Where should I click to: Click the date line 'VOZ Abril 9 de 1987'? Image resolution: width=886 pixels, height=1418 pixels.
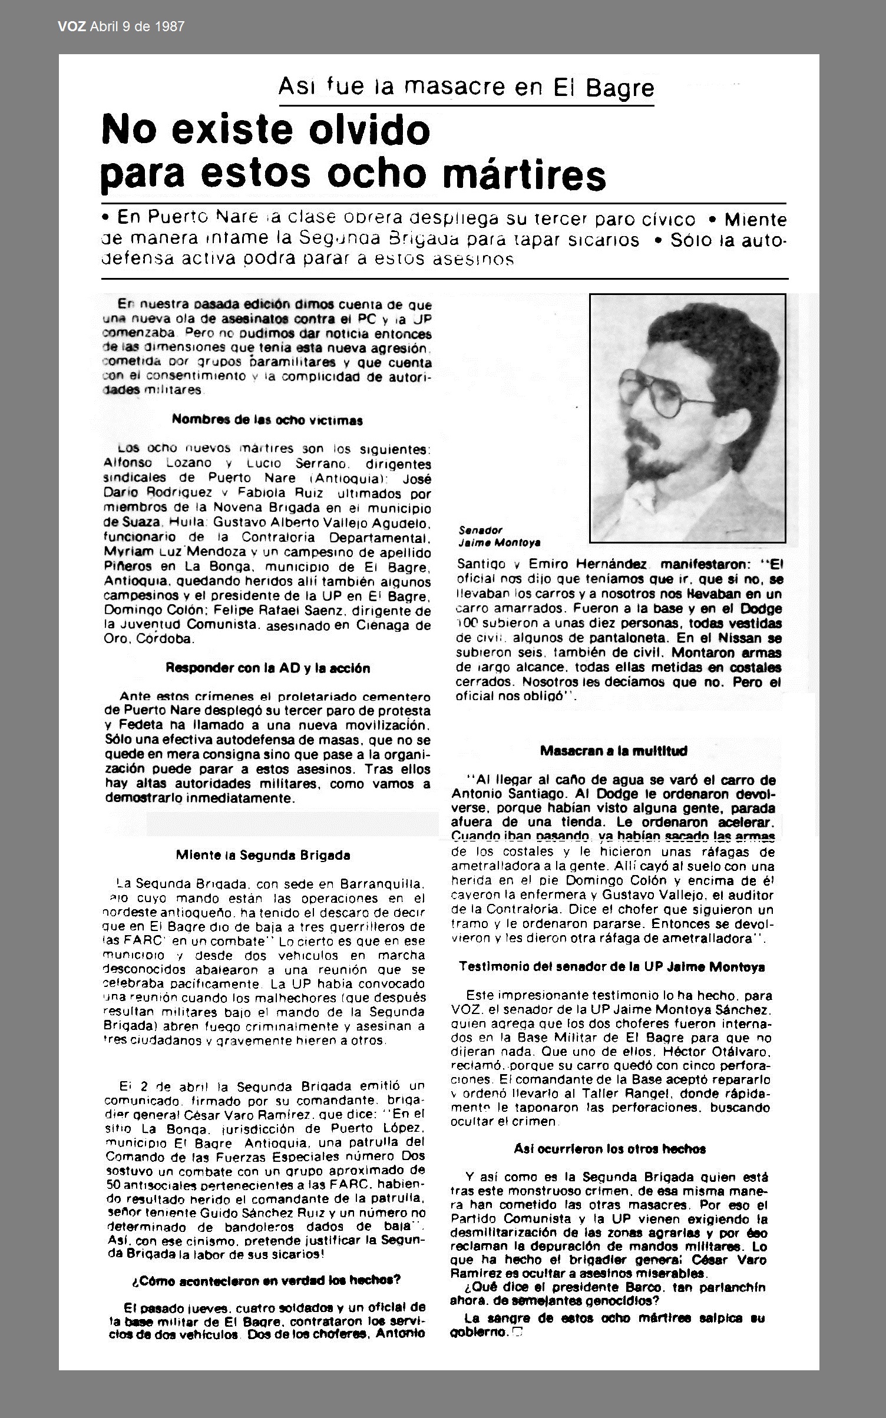coord(121,26)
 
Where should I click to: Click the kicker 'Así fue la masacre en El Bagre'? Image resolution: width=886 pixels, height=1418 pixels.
coord(466,88)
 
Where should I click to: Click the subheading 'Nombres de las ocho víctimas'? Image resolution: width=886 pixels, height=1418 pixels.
coord(267,420)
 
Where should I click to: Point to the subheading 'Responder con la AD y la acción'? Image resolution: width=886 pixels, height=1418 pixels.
coord(267,668)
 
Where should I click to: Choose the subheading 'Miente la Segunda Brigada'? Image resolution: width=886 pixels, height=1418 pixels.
coord(263,856)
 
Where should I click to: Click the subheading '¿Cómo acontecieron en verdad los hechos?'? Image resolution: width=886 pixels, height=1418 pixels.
coord(266,1280)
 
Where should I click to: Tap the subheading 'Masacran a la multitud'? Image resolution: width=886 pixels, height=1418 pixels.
coord(613,751)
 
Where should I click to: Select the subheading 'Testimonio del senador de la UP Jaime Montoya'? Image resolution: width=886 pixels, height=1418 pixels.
coord(611,967)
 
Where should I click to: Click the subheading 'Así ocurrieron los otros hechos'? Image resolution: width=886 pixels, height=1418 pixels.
coord(610,1148)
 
